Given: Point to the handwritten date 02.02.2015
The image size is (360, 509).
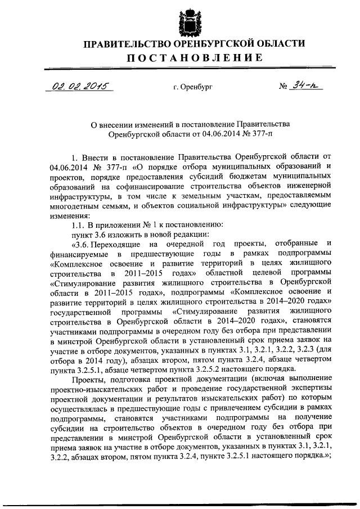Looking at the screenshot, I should (79, 87).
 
